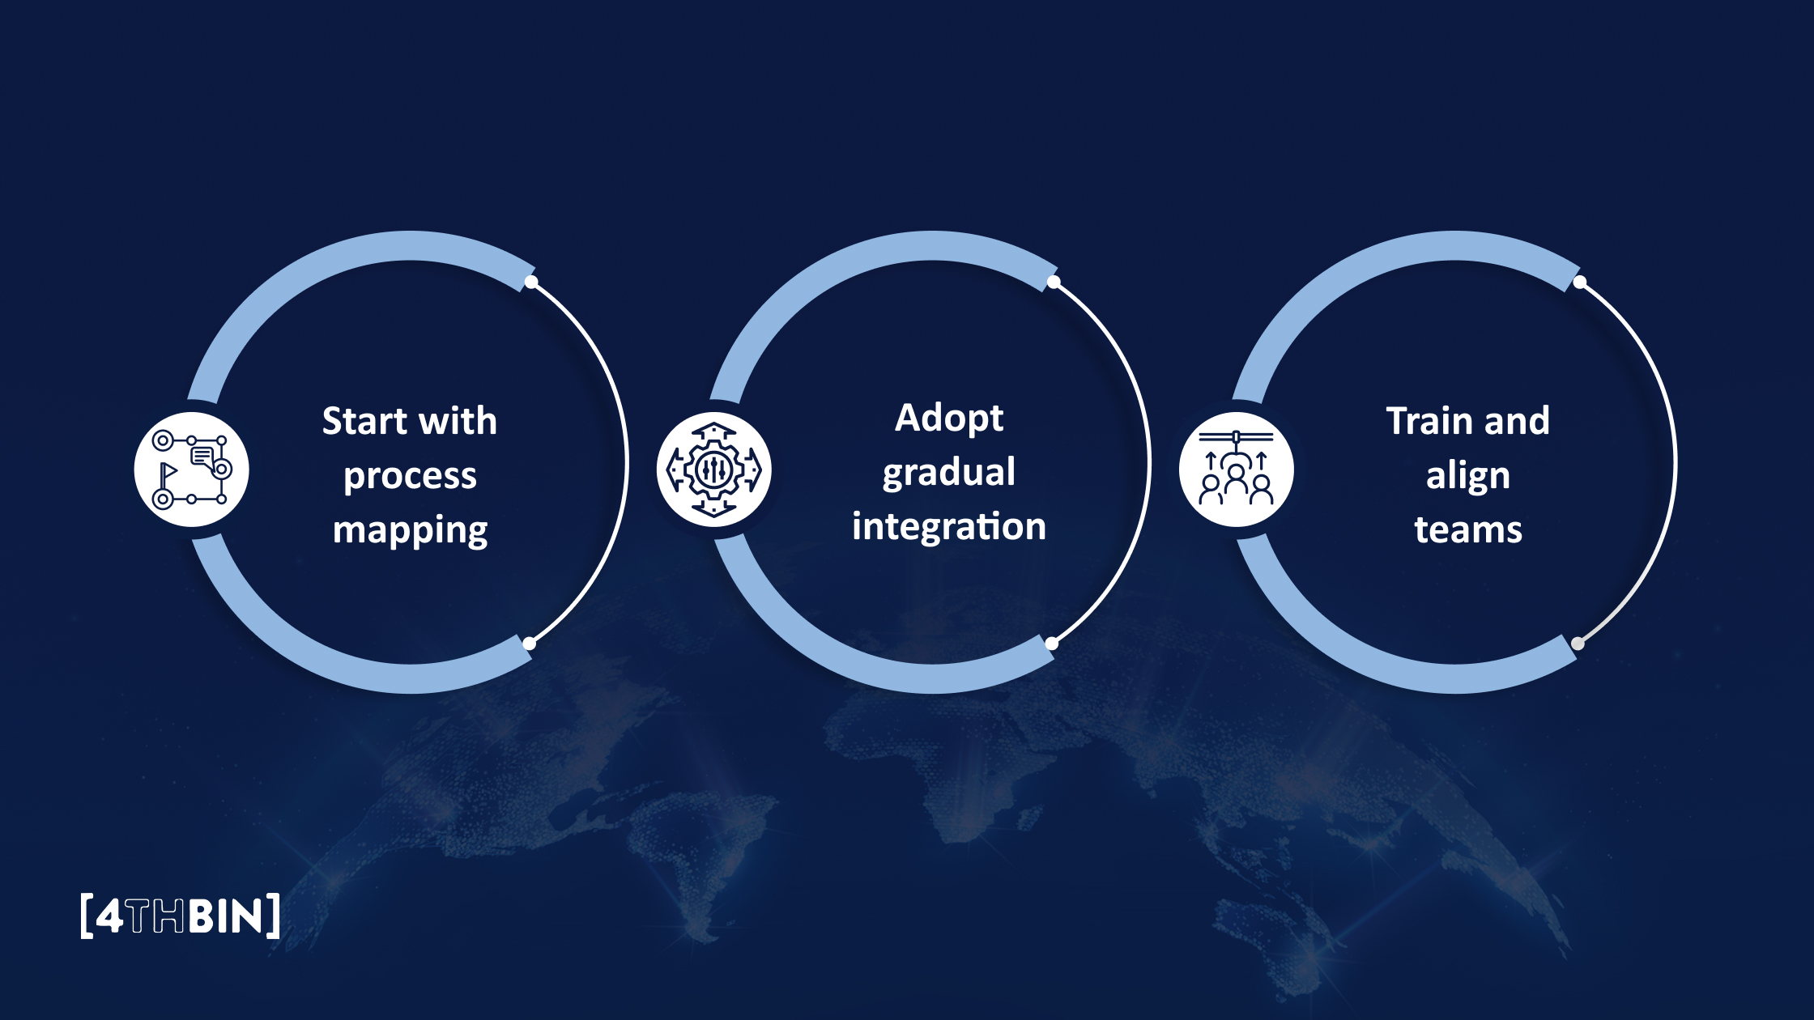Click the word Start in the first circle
click(x=364, y=422)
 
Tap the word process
click(x=410, y=477)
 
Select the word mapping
click(x=410, y=531)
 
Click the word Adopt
click(x=949, y=419)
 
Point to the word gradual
click(x=949, y=473)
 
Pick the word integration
click(x=949, y=526)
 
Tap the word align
click(x=1467, y=477)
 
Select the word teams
click(x=1467, y=530)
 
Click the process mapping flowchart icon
click(x=192, y=470)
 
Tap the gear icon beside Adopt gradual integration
click(x=713, y=470)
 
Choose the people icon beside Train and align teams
click(x=1236, y=470)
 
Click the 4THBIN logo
click(x=181, y=916)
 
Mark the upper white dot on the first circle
click(x=531, y=282)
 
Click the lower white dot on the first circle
click(x=530, y=644)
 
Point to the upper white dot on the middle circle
click(x=1054, y=282)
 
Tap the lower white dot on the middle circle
click(x=1052, y=644)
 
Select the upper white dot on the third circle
click(x=1580, y=282)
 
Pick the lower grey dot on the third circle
click(x=1578, y=644)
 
